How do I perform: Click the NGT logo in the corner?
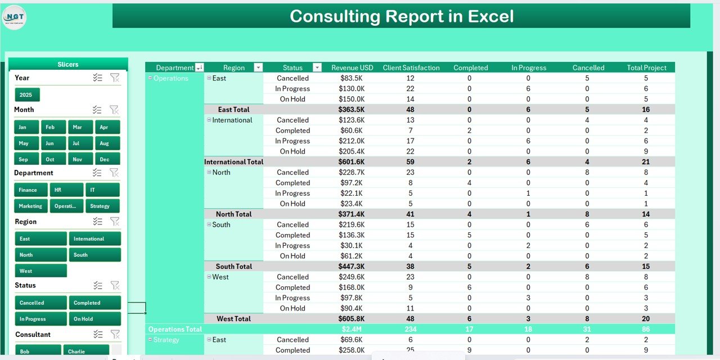(14, 17)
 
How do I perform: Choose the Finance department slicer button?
(30, 190)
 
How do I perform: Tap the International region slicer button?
(94, 239)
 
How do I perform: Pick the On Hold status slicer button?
(94, 319)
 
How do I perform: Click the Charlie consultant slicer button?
(85, 351)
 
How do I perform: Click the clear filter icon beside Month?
(114, 110)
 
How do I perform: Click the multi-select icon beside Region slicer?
(98, 222)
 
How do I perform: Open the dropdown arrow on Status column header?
(317, 67)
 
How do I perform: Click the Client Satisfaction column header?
(411, 67)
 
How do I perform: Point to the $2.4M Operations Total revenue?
(352, 329)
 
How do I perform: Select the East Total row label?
(233, 110)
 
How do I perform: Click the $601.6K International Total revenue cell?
(352, 162)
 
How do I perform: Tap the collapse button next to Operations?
(150, 78)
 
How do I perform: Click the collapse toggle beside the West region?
(209, 277)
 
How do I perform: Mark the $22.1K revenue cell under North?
(352, 193)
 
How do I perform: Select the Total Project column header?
(646, 67)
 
